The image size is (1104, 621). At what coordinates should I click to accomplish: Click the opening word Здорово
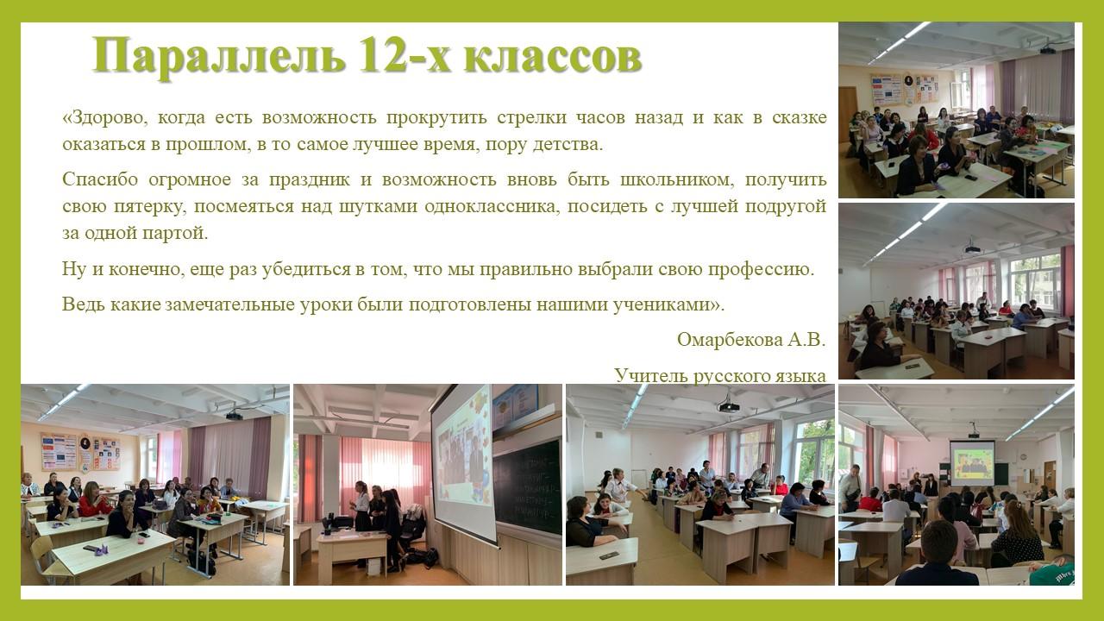pyautogui.click(x=104, y=118)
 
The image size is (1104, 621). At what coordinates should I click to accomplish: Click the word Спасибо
pyautogui.click(x=100, y=179)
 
